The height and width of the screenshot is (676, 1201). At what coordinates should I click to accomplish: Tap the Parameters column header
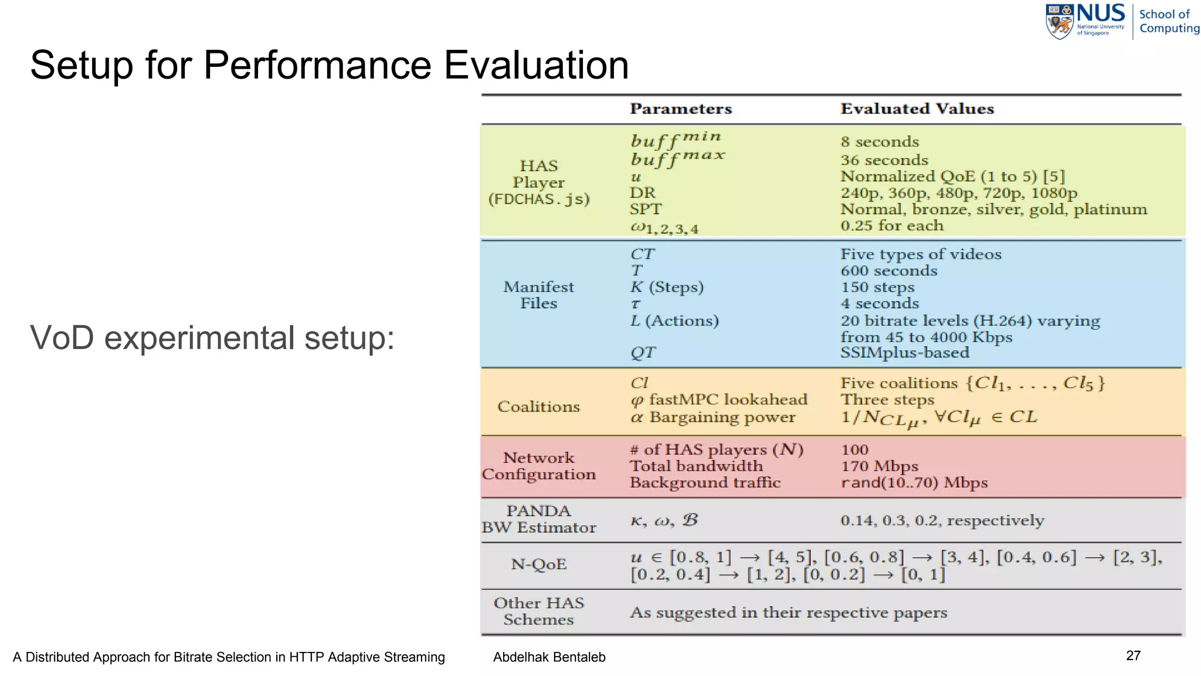(x=681, y=109)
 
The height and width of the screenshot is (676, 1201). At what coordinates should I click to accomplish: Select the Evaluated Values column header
(x=917, y=109)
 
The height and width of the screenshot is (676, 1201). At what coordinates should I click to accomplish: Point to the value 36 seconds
(x=884, y=160)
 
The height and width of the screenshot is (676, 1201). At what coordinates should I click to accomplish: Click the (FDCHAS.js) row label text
(x=538, y=200)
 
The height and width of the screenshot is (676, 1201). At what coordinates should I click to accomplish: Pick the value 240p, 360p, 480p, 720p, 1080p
(x=958, y=193)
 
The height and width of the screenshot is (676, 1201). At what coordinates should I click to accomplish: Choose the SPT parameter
(x=645, y=209)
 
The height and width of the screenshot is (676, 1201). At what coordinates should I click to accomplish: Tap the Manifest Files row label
(x=538, y=295)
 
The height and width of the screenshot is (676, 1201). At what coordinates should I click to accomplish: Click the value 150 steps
(x=877, y=288)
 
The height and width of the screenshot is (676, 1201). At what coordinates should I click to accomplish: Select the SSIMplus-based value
(x=904, y=353)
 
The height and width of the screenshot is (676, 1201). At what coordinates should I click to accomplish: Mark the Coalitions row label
(x=538, y=407)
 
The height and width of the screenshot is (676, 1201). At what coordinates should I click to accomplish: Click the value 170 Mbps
(x=879, y=467)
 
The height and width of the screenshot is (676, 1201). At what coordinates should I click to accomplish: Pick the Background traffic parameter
(x=705, y=483)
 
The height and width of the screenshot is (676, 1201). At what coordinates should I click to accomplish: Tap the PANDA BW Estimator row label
(x=538, y=519)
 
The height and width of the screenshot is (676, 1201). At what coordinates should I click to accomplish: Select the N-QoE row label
(x=538, y=565)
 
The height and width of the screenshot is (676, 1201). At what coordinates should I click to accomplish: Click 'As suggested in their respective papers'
(x=788, y=613)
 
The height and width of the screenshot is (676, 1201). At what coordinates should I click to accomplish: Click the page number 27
(x=1133, y=656)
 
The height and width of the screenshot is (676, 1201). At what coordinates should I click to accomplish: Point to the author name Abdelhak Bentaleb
(x=549, y=657)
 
